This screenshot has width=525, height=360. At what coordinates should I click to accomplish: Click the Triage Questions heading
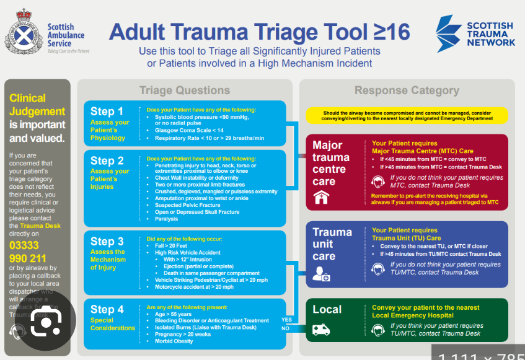coord(184,90)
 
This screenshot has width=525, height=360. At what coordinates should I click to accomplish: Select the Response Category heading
coord(407,90)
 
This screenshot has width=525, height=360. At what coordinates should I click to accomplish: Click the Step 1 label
coord(107,112)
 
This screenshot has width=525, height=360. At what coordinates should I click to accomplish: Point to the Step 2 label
coord(107,161)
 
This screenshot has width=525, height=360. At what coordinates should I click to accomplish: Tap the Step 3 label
coord(107,242)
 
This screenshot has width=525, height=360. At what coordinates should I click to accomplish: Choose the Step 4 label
coord(107,309)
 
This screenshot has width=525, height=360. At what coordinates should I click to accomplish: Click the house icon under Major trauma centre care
coord(321,198)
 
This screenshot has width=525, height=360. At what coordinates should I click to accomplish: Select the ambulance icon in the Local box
coord(321,330)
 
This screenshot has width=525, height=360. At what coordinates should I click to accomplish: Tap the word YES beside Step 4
coord(287,320)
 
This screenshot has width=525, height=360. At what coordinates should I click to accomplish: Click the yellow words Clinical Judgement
coord(37,105)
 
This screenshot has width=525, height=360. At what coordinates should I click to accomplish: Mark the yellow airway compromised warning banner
coord(406,115)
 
